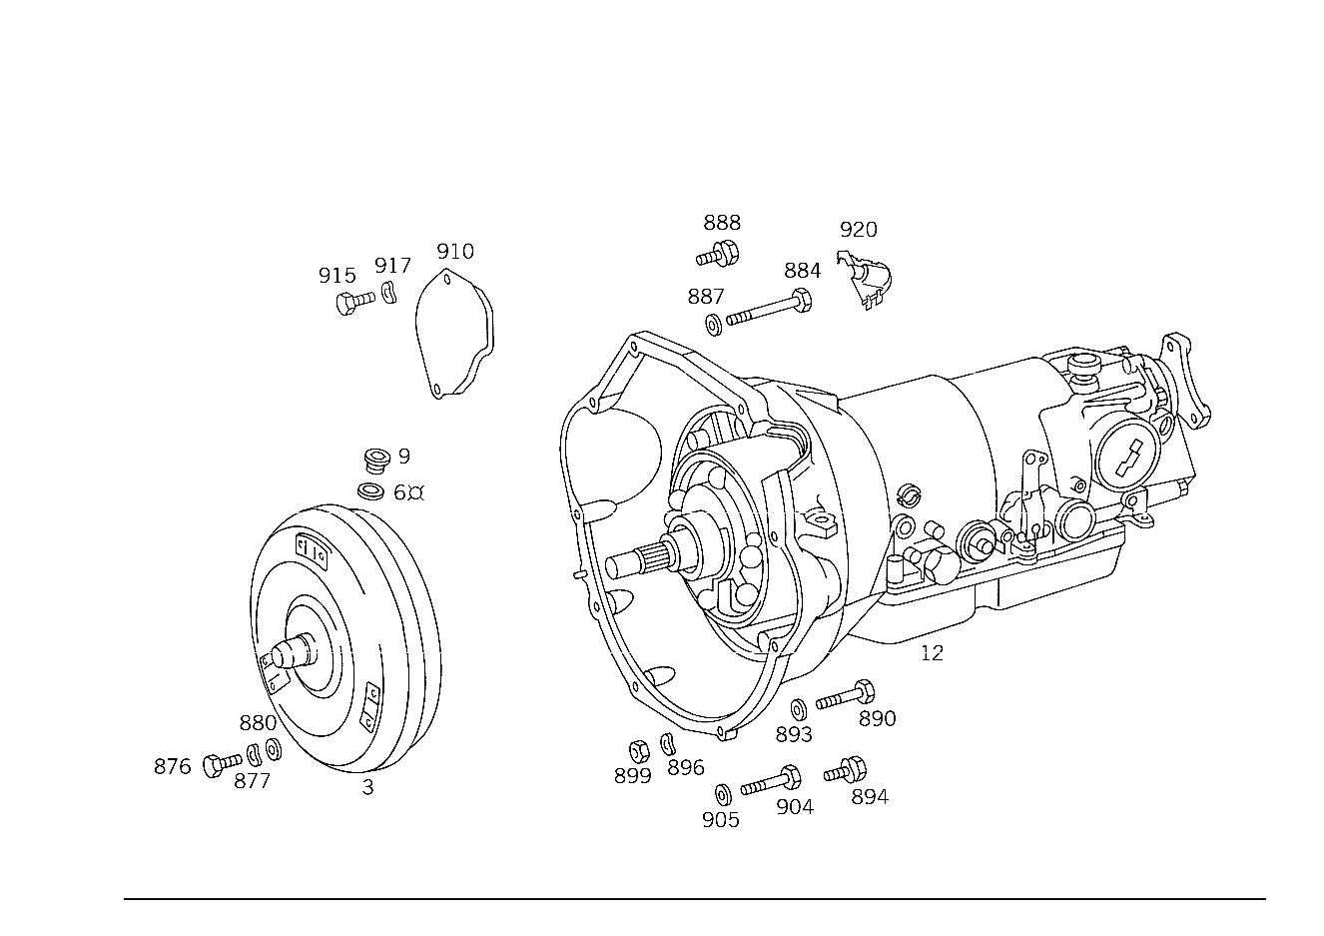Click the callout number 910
pos(455,252)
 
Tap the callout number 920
pos(859,230)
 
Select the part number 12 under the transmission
pos(932,653)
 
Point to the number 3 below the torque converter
pos(367,787)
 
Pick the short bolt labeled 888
pos(718,255)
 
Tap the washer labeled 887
pos(714,326)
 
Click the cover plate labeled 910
pos(454,335)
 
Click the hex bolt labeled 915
pos(355,302)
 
